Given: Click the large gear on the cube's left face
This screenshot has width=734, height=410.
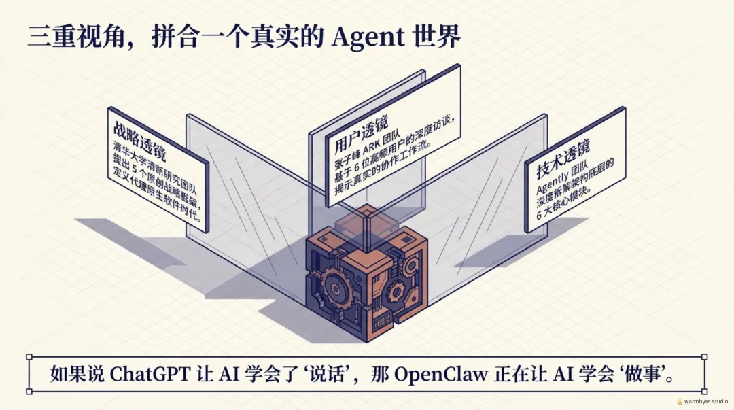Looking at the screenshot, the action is [x=334, y=278].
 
